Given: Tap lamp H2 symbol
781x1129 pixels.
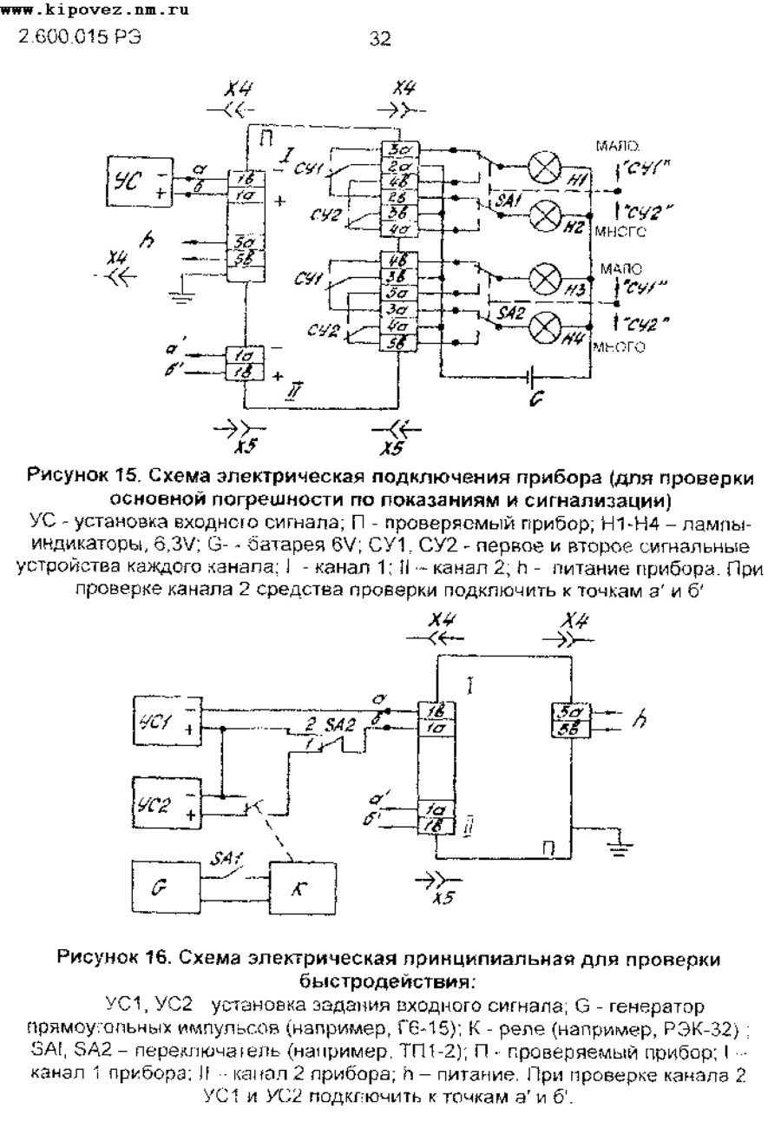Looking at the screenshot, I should pos(545,212).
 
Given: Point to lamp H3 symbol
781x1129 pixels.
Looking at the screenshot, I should pos(545,281).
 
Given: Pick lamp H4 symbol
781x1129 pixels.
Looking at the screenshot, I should pos(545,327).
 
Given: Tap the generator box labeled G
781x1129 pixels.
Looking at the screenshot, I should pos(163,888).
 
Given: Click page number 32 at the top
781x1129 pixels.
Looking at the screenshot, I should pos(379,38).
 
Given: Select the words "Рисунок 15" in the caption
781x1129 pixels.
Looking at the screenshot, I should pos(82,476).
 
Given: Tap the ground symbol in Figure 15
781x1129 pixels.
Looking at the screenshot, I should pos(181,298).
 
